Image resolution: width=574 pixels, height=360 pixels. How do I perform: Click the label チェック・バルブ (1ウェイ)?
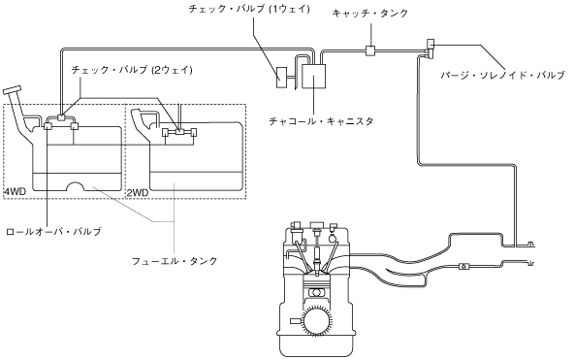pos(249,9)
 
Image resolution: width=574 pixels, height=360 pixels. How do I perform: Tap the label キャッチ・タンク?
pos(369,14)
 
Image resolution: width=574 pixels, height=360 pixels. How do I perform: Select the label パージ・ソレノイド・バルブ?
pos(502,76)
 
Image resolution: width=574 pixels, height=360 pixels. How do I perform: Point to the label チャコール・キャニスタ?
pos(321,121)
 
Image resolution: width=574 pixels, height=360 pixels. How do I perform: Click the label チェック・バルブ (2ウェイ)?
pos(132,70)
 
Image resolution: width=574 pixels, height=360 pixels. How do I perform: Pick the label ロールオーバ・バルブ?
pos(54,232)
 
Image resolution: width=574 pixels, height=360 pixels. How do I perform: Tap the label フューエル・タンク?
pos(175,261)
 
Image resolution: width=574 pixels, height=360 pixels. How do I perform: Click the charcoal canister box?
pos(314,77)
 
